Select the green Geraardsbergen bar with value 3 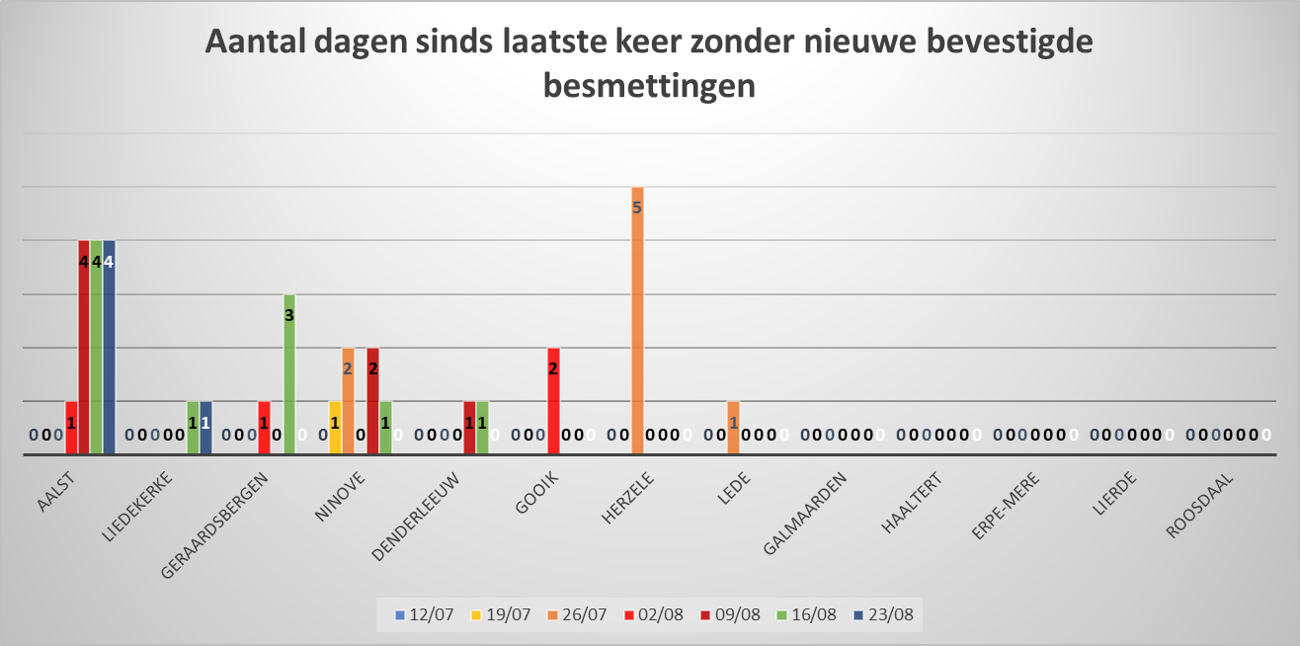pos(289,375)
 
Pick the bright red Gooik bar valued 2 pos(553,401)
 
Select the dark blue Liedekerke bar pos(205,429)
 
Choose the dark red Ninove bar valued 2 pos(372,401)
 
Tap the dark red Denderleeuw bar pos(469,429)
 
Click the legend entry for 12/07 pos(425,614)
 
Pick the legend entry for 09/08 pos(732,614)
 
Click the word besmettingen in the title pos(649,85)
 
